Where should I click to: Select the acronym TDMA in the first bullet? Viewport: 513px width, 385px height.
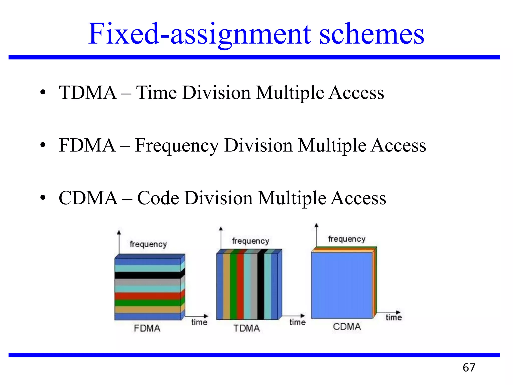pyautogui.click(x=88, y=92)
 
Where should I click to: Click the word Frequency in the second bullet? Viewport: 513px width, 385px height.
pyautogui.click(x=177, y=146)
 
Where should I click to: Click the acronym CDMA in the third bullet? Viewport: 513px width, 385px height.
pyautogui.click(x=88, y=198)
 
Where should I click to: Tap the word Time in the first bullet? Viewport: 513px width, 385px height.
pyautogui.click(x=157, y=92)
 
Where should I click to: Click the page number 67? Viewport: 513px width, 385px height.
pyautogui.click(x=469, y=368)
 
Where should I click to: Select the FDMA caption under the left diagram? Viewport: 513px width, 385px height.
pyautogui.click(x=147, y=328)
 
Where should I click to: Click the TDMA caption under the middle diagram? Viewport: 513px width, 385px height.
pyautogui.click(x=246, y=328)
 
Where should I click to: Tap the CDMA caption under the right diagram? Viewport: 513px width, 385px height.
pyautogui.click(x=347, y=327)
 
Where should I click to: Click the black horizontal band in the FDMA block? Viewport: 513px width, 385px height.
pyautogui.click(x=148, y=275)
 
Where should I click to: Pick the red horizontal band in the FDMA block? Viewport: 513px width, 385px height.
pyautogui.click(x=148, y=296)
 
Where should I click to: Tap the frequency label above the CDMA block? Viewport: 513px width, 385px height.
pyautogui.click(x=347, y=239)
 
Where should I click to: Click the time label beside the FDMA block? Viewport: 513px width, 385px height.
pyautogui.click(x=199, y=322)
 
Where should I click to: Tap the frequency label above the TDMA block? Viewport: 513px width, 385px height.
pyautogui.click(x=250, y=241)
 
